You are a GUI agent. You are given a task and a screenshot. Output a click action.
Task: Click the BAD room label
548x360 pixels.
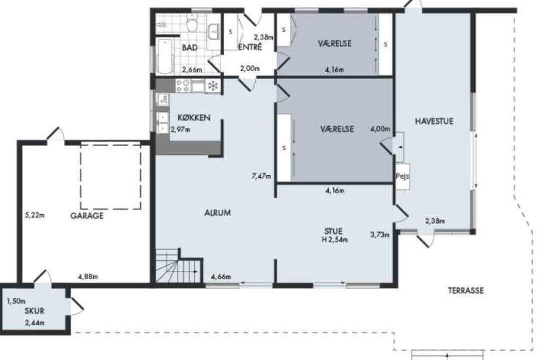point(190,47)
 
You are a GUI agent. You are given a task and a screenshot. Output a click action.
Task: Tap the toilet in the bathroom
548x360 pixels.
point(192,23)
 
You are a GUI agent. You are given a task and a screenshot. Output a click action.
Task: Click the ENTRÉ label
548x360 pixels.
point(250,47)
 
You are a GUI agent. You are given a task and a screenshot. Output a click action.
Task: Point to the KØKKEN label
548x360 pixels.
point(194,117)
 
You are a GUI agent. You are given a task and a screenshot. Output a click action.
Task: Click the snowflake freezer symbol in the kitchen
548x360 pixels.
point(213,85)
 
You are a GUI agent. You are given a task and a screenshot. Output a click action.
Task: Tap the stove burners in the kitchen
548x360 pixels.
point(183,85)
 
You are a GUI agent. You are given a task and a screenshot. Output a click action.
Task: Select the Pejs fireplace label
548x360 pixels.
point(402,176)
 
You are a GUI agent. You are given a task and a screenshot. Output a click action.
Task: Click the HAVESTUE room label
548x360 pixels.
point(434,121)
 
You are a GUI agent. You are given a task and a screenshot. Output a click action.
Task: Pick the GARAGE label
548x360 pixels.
point(87,216)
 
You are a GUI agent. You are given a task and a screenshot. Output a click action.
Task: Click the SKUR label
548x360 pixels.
point(34,311)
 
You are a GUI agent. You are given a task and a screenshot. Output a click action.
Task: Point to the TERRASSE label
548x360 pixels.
point(466,290)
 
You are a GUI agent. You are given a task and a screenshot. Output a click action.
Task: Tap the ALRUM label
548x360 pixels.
point(217,212)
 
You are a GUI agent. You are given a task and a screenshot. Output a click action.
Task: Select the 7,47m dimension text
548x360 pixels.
point(261,176)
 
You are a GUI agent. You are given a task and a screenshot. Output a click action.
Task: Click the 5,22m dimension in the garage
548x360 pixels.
point(35,215)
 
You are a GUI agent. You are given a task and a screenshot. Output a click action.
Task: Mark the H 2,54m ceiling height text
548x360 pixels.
point(335,239)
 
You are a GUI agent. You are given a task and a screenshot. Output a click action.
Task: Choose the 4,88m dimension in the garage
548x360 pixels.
point(88,277)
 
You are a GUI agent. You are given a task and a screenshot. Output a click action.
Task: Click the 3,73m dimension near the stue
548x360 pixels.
point(380,234)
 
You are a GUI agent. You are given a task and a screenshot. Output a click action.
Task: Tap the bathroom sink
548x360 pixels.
point(213,32)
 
